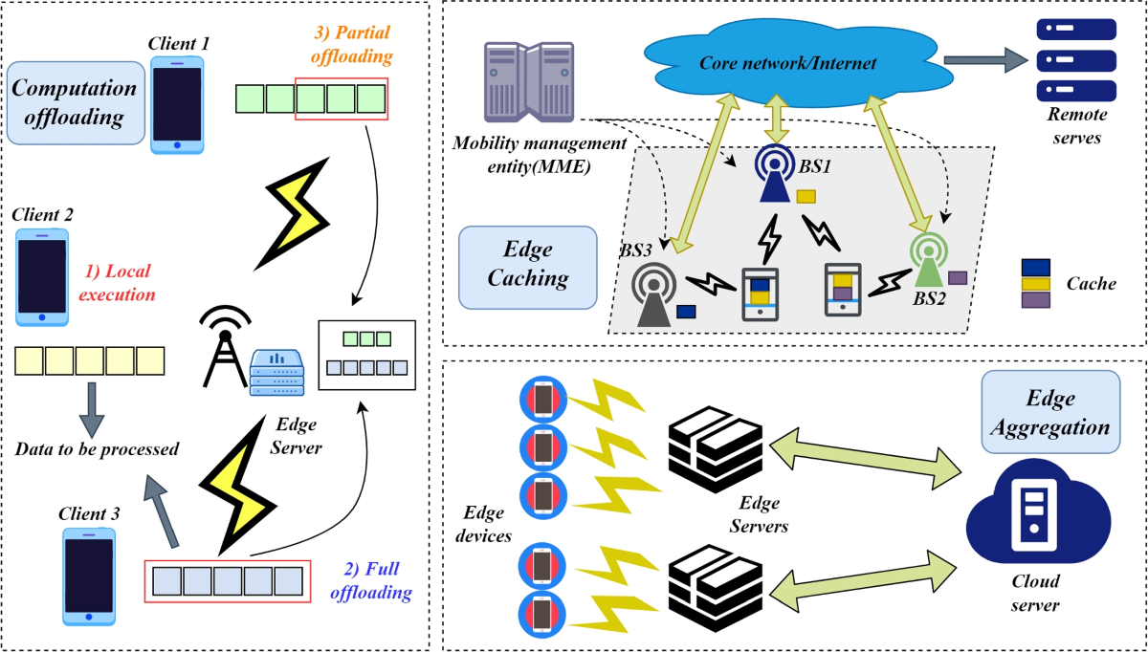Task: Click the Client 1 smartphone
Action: (177, 104)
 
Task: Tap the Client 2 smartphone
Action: (41, 275)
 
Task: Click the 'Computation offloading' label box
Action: (75, 102)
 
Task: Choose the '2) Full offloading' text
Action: (371, 581)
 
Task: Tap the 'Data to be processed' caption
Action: (97, 449)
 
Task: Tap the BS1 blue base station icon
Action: (773, 175)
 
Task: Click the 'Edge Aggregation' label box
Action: (1050, 412)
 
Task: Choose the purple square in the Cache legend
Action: (1036, 300)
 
